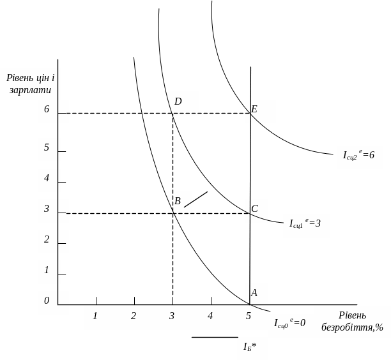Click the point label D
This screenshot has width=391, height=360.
[x=178, y=101]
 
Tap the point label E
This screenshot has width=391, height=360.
[x=254, y=109]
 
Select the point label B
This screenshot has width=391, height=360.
[x=178, y=201]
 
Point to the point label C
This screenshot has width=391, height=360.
[x=254, y=209]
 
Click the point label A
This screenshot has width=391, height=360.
[x=254, y=293]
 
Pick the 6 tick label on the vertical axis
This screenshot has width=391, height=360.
[x=47, y=109]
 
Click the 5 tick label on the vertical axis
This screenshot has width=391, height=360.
[x=47, y=147]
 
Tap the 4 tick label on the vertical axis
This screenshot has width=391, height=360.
[x=47, y=178]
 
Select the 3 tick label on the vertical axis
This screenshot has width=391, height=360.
[x=47, y=209]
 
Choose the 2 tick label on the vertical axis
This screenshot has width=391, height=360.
[x=47, y=239]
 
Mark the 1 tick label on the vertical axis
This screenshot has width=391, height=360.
[x=47, y=270]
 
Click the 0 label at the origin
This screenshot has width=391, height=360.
[x=47, y=301]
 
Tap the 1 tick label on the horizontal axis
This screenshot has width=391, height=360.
[x=95, y=316]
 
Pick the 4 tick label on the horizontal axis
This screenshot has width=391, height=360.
[x=210, y=316]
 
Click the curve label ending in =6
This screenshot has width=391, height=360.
[x=358, y=154]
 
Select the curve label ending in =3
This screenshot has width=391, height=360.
[x=305, y=223]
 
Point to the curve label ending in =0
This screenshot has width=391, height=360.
[x=289, y=323]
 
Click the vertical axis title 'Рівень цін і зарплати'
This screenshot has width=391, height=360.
[x=30, y=84]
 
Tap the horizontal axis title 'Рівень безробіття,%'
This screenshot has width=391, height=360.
[x=352, y=322]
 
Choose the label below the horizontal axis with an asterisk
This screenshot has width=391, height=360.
[x=250, y=347]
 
